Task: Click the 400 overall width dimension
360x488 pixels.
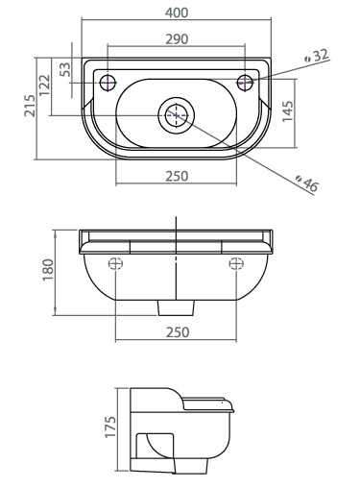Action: tap(177, 12)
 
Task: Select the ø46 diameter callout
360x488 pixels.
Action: tap(307, 183)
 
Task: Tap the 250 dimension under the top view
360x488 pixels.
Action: tap(176, 176)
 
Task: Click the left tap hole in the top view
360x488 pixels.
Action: tap(108, 79)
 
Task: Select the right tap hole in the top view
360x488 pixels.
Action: tap(246, 79)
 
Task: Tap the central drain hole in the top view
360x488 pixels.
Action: tap(176, 113)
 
